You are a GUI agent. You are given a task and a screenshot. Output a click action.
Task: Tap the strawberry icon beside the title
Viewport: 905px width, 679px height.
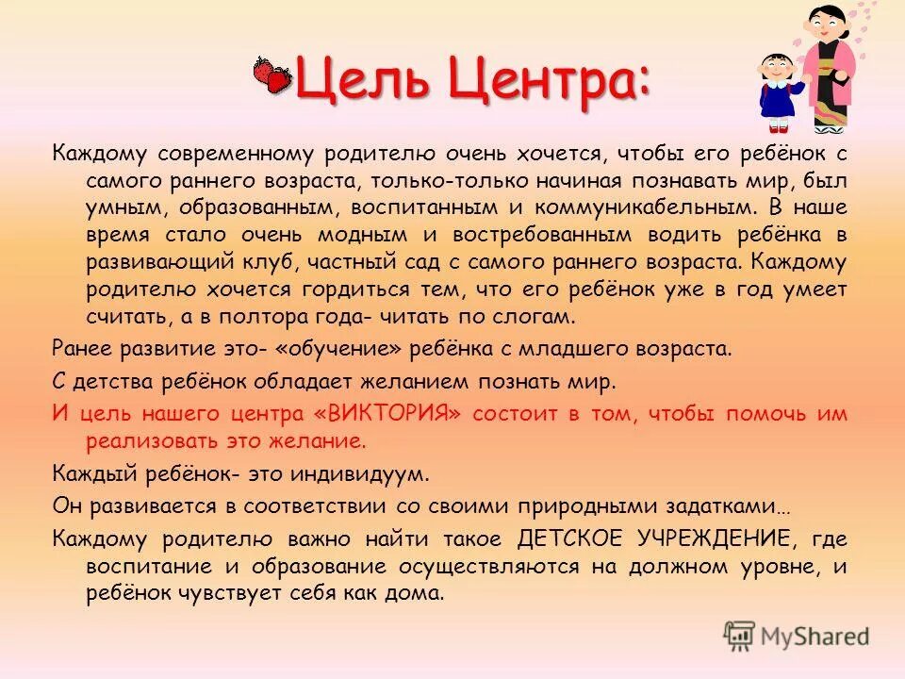coord(273,75)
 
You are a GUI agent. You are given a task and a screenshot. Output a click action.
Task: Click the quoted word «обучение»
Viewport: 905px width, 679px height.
coord(333,348)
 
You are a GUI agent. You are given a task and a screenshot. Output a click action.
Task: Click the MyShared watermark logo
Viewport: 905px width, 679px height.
coord(797,636)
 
